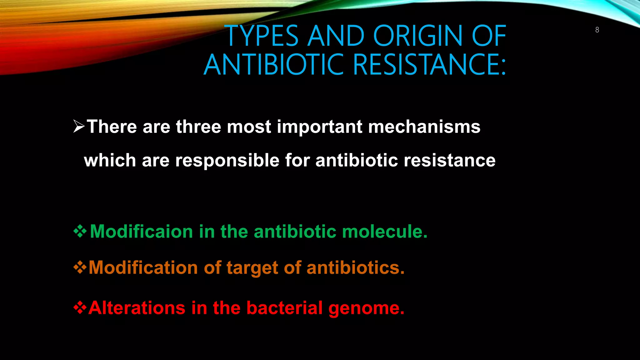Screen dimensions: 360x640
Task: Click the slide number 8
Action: click(597, 30)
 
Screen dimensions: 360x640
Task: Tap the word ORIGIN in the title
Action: click(418, 36)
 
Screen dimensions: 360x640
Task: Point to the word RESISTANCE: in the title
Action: click(430, 65)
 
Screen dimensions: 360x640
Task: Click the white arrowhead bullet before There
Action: click(79, 127)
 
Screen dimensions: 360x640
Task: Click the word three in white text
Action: click(198, 127)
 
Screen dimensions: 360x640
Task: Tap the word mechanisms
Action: click(424, 127)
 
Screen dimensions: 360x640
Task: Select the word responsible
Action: click(227, 161)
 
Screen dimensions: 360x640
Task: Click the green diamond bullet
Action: click(80, 232)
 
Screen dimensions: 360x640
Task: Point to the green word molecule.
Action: click(384, 232)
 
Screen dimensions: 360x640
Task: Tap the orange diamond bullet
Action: click(80, 267)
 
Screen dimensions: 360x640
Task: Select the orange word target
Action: click(252, 268)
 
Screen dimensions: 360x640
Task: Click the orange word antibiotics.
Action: click(355, 268)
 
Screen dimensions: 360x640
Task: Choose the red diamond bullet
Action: click(80, 307)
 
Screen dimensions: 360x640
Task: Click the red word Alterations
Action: click(137, 308)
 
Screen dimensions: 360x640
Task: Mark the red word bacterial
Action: click(284, 308)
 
